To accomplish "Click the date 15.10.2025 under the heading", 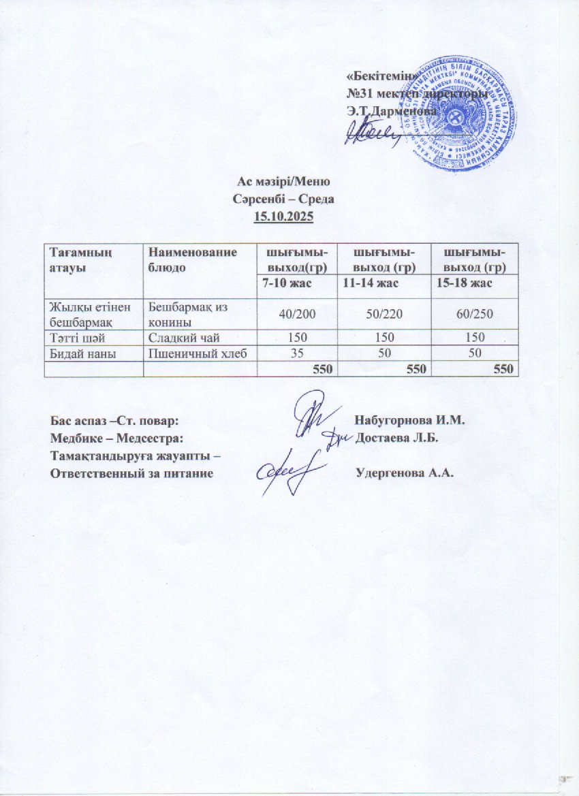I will click(x=283, y=217).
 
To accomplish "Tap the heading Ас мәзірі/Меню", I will click(x=283, y=182).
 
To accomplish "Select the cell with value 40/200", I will click(x=298, y=314).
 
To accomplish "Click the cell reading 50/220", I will click(x=386, y=314).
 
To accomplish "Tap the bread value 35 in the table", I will click(x=298, y=353).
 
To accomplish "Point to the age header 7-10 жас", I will click(x=285, y=283).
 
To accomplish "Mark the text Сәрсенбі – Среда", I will click(x=283, y=200).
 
